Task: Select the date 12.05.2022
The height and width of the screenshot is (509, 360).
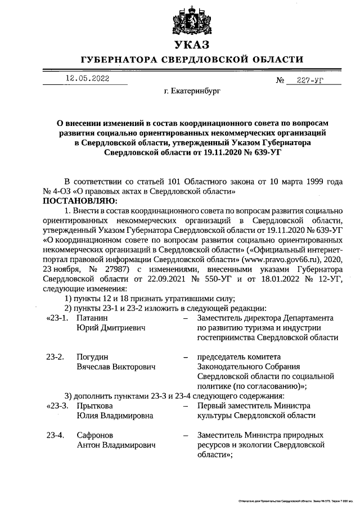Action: pyautogui.click(x=88, y=79)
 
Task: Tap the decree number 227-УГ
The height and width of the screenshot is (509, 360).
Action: pyautogui.click(x=312, y=80)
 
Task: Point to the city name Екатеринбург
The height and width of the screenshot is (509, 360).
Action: pyautogui.click(x=191, y=89)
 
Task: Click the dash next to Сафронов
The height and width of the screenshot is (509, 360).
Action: pyautogui.click(x=186, y=435)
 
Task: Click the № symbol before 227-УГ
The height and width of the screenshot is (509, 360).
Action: pyautogui.click(x=280, y=80)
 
